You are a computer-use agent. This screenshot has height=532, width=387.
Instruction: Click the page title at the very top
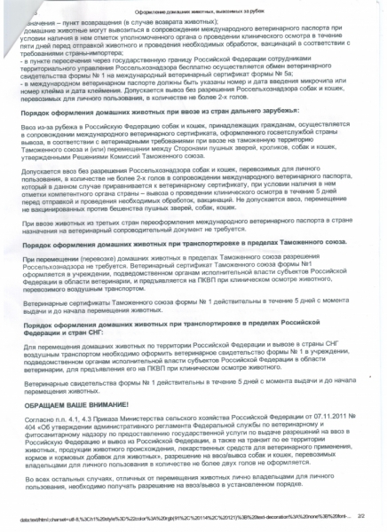193,8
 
